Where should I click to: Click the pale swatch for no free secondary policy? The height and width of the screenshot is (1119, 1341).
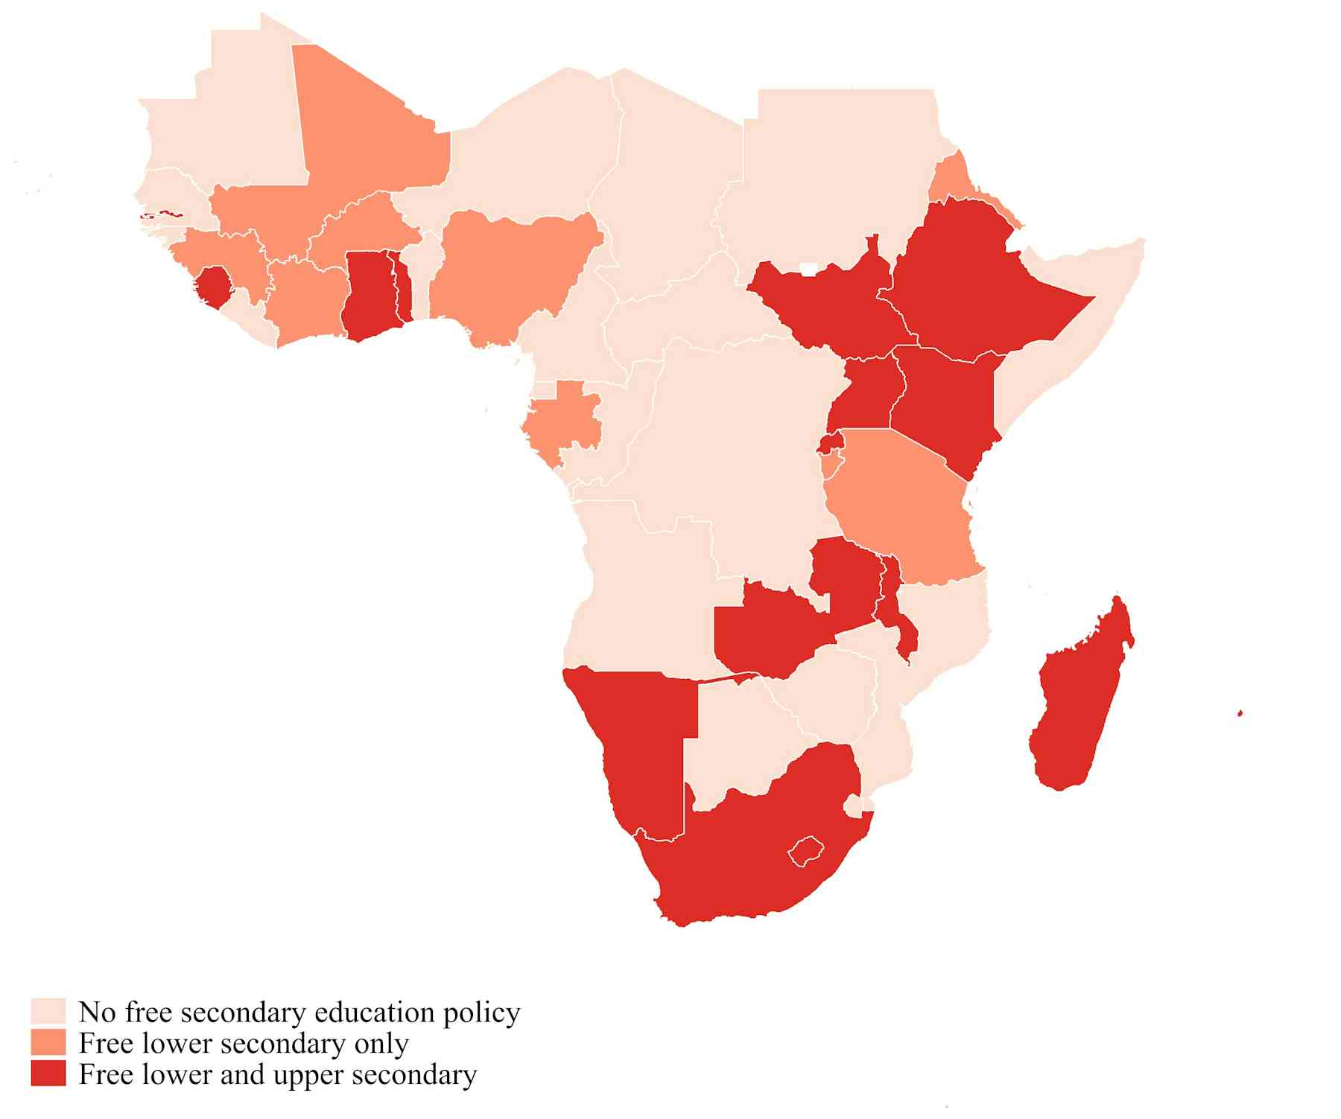click(x=48, y=1013)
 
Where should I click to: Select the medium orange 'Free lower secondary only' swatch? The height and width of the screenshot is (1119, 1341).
click(x=48, y=1044)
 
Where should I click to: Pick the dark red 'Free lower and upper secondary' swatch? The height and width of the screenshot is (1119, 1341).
click(x=48, y=1074)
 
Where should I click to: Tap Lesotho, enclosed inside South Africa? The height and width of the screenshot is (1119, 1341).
click(x=807, y=850)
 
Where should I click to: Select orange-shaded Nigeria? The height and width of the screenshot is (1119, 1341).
click(x=507, y=275)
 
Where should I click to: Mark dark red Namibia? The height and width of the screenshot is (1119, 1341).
click(x=641, y=737)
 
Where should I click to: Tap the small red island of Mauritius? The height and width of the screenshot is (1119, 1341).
click(x=1240, y=713)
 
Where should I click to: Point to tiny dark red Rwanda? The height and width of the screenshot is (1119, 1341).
click(x=828, y=444)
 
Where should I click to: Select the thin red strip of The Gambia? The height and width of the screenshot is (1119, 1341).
click(x=160, y=215)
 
